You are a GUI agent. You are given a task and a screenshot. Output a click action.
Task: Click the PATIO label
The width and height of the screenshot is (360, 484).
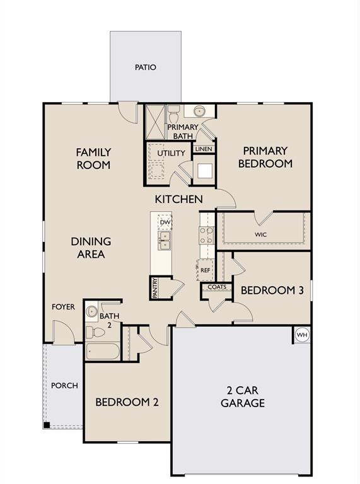145,67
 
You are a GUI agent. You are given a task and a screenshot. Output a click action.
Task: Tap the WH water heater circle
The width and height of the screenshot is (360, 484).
301,335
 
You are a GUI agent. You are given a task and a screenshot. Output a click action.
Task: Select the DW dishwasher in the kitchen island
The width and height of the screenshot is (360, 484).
165,222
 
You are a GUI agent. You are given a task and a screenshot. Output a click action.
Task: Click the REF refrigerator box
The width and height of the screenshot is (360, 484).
205,270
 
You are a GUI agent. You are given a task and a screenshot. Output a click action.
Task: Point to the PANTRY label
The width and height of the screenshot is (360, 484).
155,287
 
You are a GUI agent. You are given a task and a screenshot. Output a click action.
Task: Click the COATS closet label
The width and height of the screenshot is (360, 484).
217,287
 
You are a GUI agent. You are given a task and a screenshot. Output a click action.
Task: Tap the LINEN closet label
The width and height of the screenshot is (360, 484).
204,149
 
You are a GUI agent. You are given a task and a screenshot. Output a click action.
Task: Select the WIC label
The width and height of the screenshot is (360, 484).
261,234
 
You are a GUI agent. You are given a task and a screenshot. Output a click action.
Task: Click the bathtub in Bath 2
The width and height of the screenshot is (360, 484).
103,351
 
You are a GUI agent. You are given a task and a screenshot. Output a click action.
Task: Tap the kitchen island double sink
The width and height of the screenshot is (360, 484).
165,240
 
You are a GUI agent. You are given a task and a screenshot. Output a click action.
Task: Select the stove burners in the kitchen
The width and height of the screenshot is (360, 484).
206,235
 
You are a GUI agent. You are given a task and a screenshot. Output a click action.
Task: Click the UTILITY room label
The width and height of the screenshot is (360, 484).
171,153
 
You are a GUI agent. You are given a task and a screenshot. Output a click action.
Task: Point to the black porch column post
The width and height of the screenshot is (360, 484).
47,425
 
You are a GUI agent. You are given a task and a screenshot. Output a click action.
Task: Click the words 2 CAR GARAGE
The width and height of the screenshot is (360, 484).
242,396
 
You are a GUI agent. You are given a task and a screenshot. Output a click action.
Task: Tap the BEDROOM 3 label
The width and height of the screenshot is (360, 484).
272,291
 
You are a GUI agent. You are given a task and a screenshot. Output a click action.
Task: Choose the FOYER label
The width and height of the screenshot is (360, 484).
63,307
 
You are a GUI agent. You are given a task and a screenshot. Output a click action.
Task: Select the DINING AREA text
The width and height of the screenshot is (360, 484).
91,248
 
